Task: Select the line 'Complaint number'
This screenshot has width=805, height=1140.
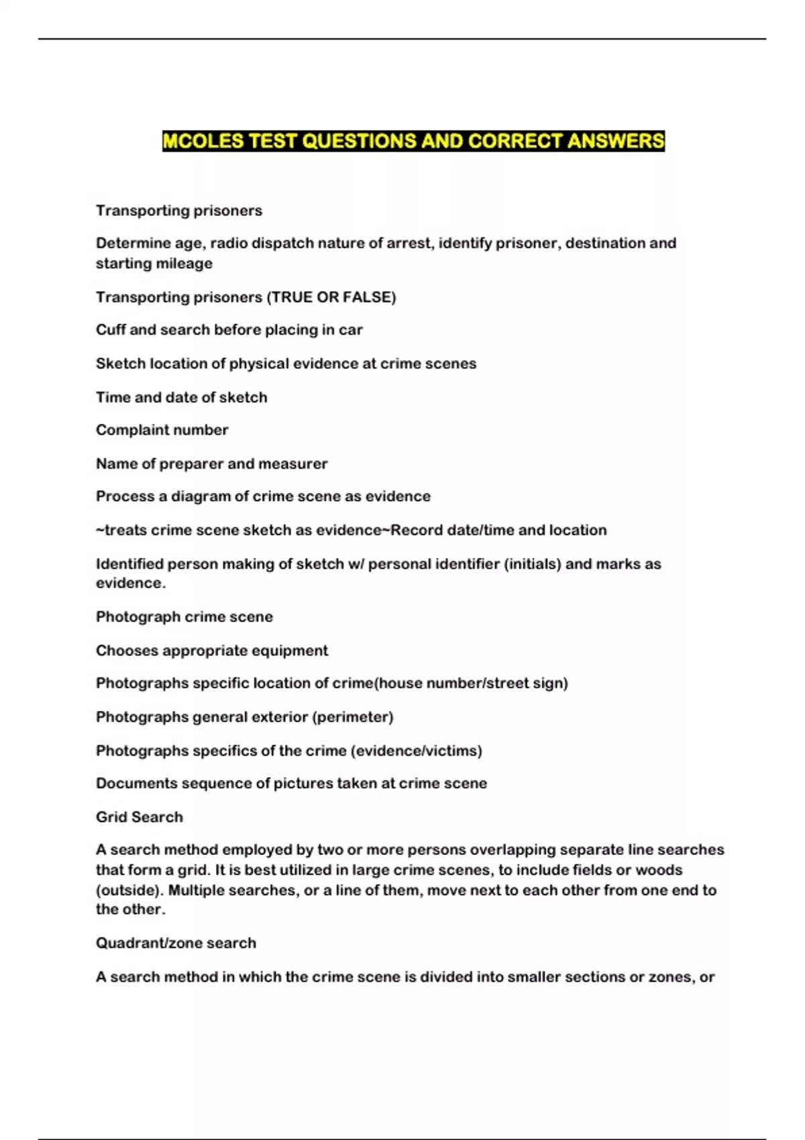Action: pyautogui.click(x=162, y=430)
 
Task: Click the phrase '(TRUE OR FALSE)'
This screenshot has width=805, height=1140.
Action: pyautogui.click(x=331, y=297)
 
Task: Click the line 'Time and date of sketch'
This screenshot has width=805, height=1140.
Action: pyautogui.click(x=181, y=398)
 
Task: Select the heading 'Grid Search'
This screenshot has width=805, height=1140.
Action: pyautogui.click(x=139, y=817)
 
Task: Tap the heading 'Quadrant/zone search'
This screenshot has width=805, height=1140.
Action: pyautogui.click(x=176, y=943)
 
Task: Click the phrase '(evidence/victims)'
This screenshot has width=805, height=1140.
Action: pyautogui.click(x=416, y=750)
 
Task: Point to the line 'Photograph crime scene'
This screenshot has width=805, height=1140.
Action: pyautogui.click(x=184, y=617)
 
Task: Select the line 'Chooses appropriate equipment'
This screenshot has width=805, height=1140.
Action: pyautogui.click(x=211, y=650)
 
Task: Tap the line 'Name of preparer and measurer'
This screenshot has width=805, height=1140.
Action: pyautogui.click(x=211, y=463)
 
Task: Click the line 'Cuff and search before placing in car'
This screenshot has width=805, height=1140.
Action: pyautogui.click(x=229, y=330)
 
